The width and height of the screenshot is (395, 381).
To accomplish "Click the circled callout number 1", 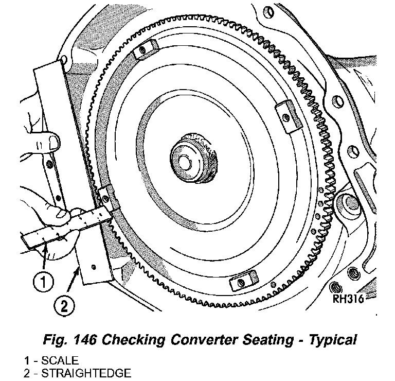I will pos(43,282).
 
